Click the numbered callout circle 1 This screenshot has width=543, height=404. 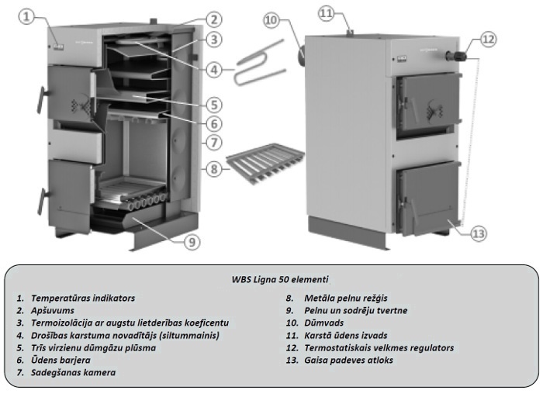[x=29, y=16]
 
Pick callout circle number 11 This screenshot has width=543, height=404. [x=327, y=13]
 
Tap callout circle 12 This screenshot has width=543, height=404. [x=488, y=38]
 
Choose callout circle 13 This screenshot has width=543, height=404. [x=479, y=230]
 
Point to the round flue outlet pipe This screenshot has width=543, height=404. [x=299, y=56]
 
